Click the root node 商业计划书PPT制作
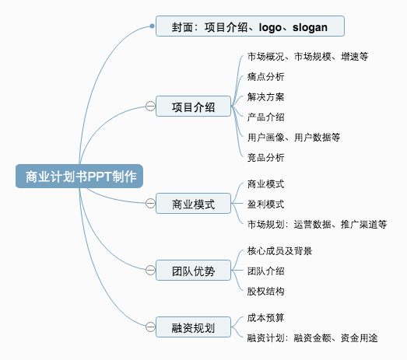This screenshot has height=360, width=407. coord(79,176)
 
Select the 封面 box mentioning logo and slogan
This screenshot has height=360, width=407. coord(250,26)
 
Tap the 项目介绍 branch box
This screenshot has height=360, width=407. coord(193,107)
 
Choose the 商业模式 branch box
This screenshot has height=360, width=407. coord(193,204)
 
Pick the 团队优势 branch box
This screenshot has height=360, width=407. coord(193,271)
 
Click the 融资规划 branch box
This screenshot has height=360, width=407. coord(193,327)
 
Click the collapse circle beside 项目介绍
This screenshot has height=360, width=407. coord(150,106)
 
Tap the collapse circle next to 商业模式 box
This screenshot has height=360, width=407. coord(150,203)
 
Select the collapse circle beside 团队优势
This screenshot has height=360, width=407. coord(150,270)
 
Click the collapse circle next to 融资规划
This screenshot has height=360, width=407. coord(150,327)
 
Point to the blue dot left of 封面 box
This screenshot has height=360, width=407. coord(152,26)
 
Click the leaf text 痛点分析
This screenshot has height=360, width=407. coord(265,77)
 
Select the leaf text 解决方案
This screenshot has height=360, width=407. coord(265,97)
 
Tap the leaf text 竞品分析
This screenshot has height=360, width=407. coord(265,157)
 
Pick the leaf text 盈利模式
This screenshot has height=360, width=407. coord(265,204)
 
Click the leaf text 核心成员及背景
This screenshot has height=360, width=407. coord(279,251)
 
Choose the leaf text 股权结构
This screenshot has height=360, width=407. coord(265,292)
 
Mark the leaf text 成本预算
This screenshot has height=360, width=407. coord(265,318)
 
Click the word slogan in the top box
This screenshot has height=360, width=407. coord(310,27)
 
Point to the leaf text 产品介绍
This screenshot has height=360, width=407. coord(265,117)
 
